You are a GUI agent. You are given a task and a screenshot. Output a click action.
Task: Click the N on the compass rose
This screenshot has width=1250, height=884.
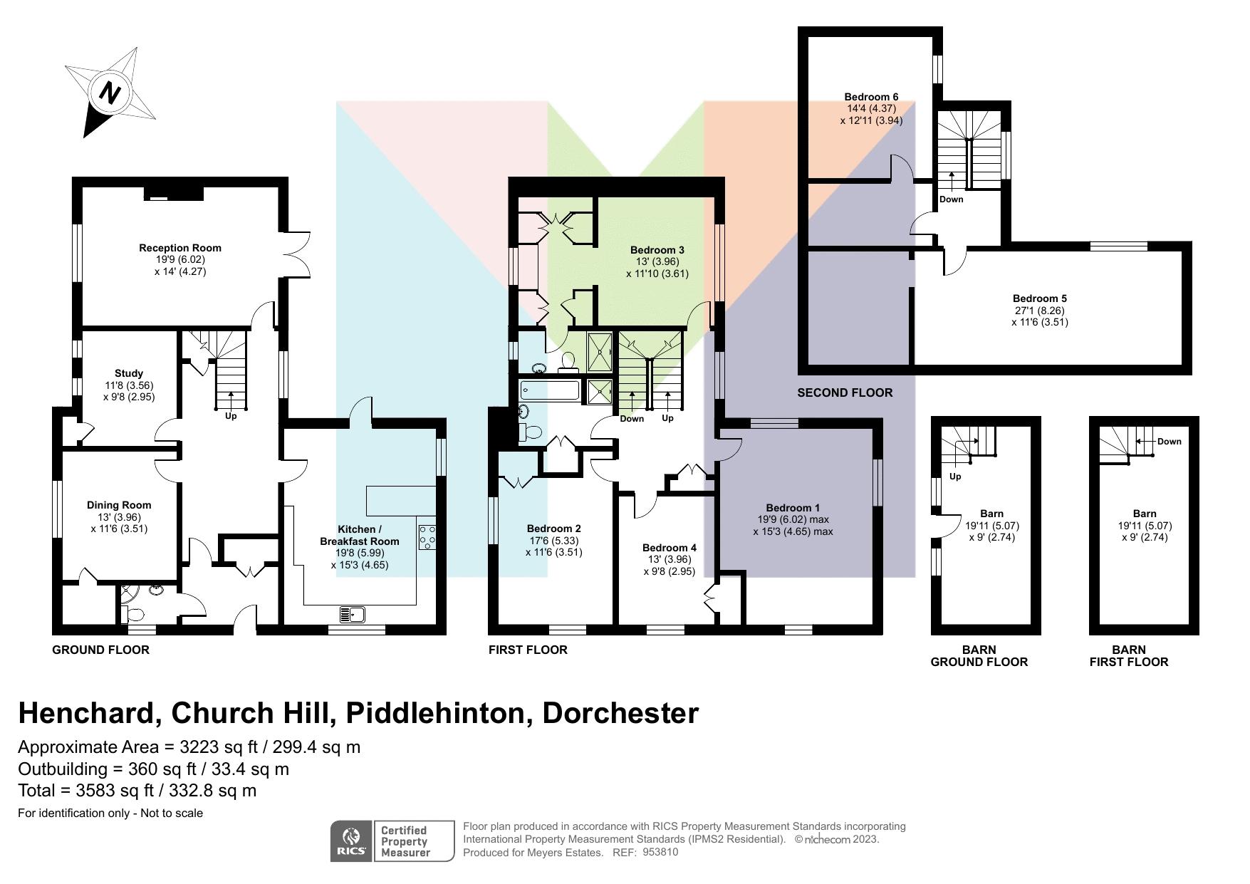tap(109, 93)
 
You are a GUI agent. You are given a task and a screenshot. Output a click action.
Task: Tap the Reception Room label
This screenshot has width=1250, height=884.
tap(179, 248)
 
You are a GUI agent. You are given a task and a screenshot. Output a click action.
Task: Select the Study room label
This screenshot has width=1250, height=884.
tap(128, 373)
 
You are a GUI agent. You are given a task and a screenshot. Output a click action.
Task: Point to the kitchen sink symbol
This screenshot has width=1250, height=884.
tap(353, 613)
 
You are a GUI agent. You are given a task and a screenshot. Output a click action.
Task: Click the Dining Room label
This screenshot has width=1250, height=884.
tap(119, 505)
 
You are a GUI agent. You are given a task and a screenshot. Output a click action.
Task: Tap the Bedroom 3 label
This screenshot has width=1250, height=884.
tap(657, 250)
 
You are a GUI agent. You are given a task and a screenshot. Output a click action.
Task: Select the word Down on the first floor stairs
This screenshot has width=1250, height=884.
tap(631, 419)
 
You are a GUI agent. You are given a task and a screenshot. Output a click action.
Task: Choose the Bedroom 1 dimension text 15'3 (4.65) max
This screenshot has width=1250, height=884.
tap(793, 531)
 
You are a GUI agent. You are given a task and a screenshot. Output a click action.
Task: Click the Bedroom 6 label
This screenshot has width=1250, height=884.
tap(871, 97)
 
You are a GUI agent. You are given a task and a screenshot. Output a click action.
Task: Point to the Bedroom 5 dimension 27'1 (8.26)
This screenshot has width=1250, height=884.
tap(1039, 311)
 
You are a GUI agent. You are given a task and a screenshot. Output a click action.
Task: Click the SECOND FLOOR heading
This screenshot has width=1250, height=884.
tap(845, 392)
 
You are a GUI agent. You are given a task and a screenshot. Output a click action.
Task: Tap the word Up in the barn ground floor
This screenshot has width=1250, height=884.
tap(955, 477)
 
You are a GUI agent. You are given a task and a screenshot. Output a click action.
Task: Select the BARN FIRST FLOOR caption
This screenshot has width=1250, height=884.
tap(1128, 655)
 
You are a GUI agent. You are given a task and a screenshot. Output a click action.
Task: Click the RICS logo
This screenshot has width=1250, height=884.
tap(351, 841)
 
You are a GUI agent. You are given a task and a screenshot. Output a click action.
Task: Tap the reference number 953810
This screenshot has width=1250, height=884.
tap(660, 852)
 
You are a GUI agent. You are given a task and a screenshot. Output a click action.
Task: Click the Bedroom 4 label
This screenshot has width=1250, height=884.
tap(669, 548)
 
